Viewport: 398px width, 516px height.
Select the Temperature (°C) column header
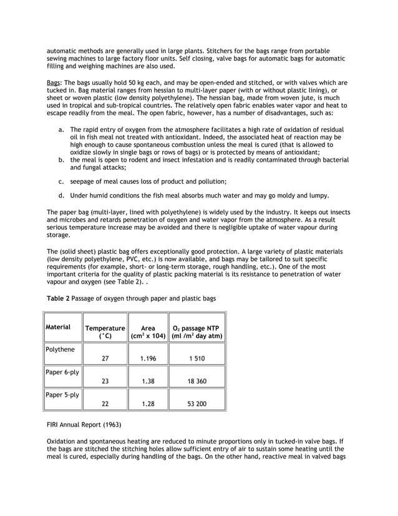105,332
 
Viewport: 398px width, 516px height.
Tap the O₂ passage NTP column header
197,332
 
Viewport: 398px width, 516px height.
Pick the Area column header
148,332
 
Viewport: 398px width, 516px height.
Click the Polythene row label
62,349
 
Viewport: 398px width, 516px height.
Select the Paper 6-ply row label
62,372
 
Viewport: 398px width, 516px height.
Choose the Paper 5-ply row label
62,395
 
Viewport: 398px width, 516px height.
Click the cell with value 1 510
197,359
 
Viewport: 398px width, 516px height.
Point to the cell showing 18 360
197,382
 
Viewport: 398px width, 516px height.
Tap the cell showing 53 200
197,404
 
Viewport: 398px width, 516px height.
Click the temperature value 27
105,359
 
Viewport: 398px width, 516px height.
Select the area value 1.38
148,382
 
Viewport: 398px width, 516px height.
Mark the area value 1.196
148,359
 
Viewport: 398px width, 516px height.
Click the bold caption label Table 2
58,299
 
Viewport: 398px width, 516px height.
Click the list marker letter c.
61,181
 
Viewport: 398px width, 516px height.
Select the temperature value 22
105,404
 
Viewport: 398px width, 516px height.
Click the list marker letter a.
61,130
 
